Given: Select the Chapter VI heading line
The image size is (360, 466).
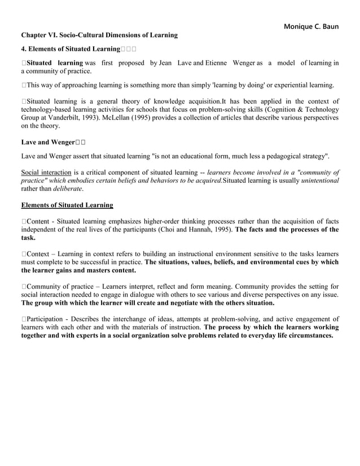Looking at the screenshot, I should (x=99, y=35).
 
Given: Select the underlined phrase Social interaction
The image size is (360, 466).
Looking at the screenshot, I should (x=46, y=172).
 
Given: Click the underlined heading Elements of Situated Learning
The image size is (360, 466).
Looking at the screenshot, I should (x=67, y=205).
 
